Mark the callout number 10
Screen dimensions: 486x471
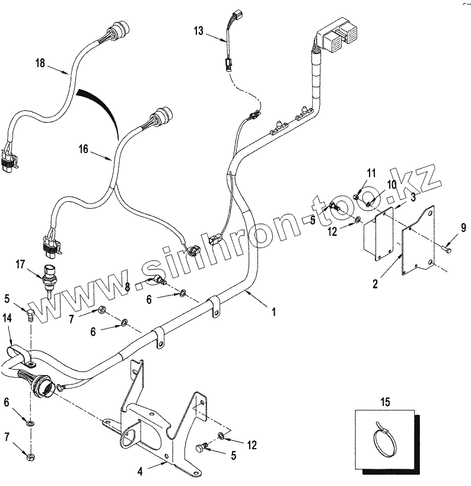pyautogui.click(x=392, y=185)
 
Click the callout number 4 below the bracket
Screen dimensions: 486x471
pyautogui.click(x=140, y=472)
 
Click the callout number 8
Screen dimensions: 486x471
pyautogui.click(x=128, y=287)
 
